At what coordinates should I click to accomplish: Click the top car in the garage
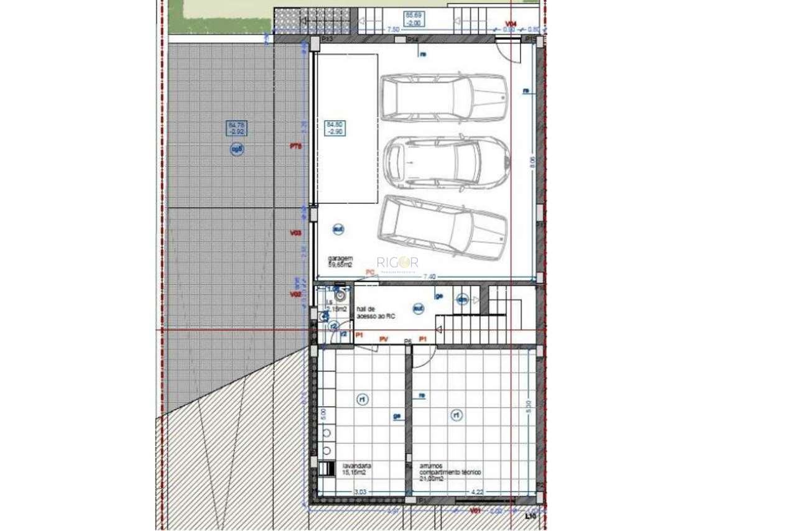tap(443, 98)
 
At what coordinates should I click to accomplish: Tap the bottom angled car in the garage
tap(442, 227)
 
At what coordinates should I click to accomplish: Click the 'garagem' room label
tap(341, 261)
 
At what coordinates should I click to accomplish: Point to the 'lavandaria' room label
tap(357, 468)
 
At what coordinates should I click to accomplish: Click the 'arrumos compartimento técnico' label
tap(449, 472)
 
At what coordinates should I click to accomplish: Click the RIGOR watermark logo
tap(397, 263)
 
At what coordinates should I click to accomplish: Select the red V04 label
tap(511, 24)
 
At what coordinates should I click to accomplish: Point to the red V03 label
tap(295, 233)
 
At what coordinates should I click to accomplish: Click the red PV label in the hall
tap(384, 339)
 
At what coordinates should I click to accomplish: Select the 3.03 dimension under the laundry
tap(359, 492)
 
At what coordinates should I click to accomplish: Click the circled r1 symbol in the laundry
tap(363, 400)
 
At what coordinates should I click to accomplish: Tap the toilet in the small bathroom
tap(340, 296)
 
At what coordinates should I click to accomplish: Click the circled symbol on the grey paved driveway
tap(237, 149)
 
